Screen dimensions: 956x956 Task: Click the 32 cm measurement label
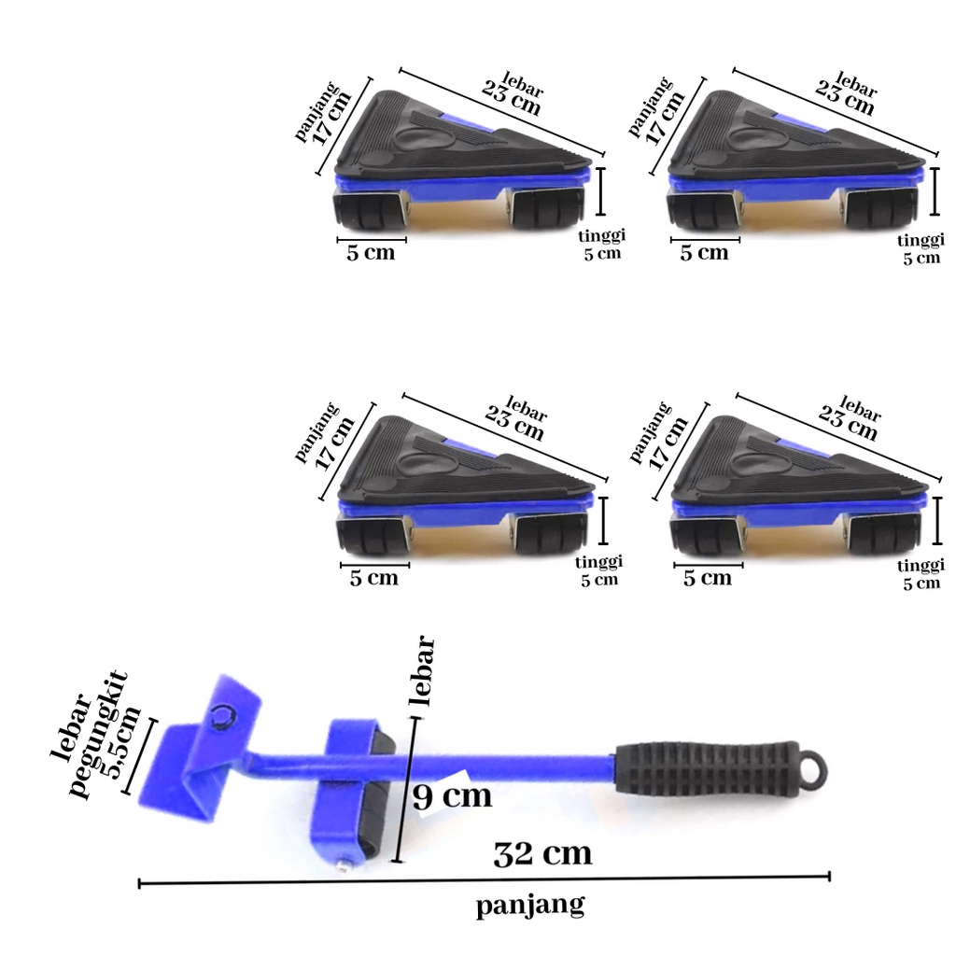click(542, 853)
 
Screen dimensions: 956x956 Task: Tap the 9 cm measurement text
click(452, 795)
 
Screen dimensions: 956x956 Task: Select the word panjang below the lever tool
click(530, 906)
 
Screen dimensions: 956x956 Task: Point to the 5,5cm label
click(123, 742)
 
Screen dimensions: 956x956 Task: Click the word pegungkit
click(97, 735)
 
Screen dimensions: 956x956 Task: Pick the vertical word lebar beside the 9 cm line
click(423, 671)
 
